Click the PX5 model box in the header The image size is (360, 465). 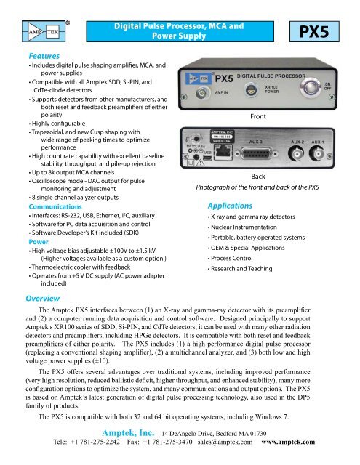(324, 33)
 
